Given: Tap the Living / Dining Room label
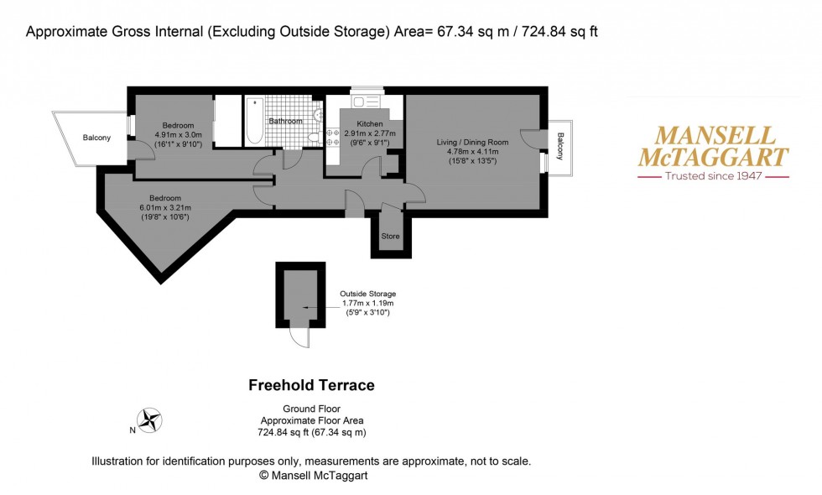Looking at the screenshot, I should (472, 143).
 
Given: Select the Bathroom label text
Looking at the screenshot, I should (285, 121).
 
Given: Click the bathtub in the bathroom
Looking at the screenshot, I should (254, 122).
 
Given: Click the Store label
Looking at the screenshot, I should (390, 237).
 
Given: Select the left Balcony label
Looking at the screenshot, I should (96, 138).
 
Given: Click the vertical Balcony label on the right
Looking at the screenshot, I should (560, 148).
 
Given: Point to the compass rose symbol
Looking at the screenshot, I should (151, 420).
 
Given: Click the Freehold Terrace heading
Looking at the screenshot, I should (311, 386).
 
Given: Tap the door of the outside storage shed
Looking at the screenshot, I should (299, 337).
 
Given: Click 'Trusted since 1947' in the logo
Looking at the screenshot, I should (713, 177).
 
